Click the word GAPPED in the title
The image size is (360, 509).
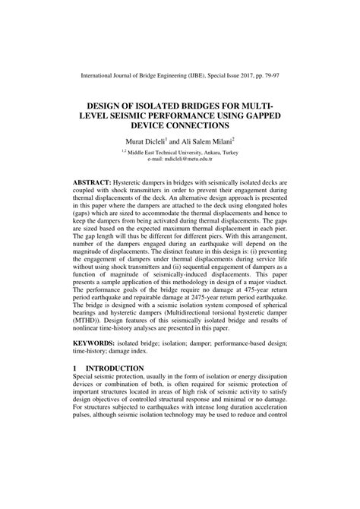pos(261,112)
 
